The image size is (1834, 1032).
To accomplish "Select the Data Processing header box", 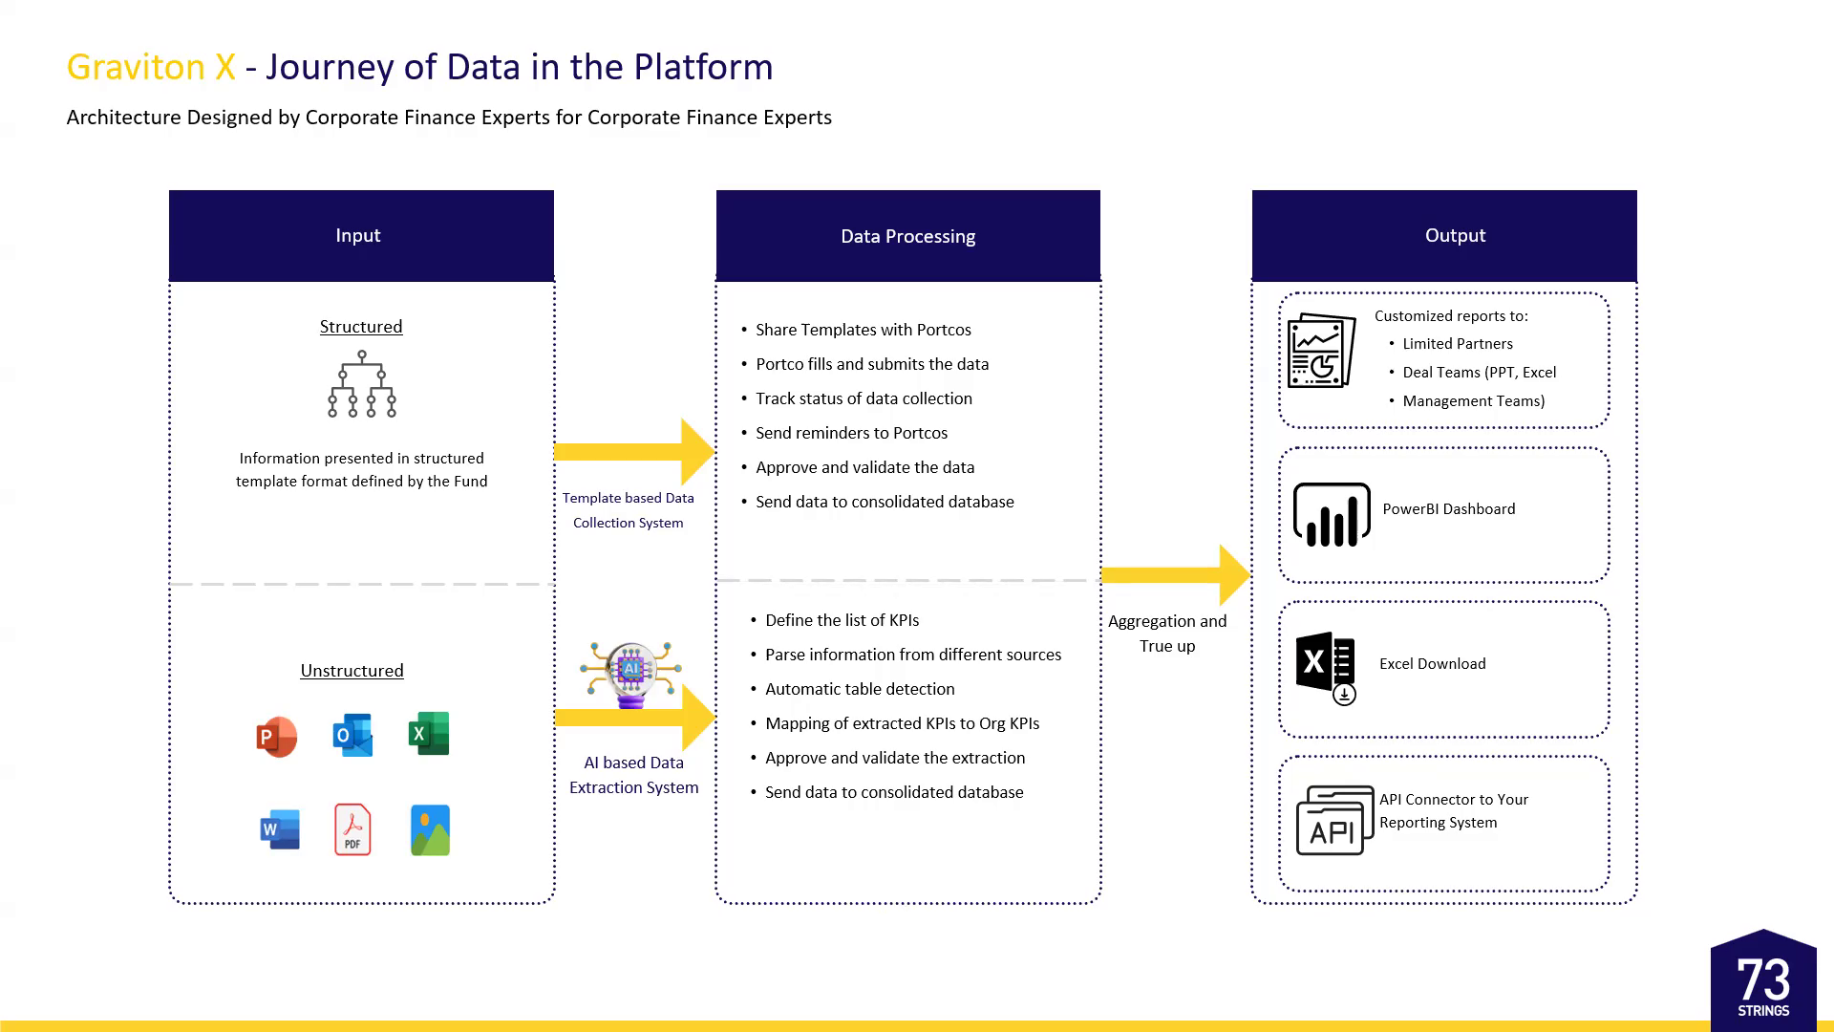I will pyautogui.click(x=907, y=235).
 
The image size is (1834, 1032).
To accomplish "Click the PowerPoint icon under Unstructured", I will pyautogui.click(x=277, y=737).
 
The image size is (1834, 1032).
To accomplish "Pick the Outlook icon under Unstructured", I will pyautogui.click(x=352, y=735).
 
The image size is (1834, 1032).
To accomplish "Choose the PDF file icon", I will pyautogui.click(x=352, y=828).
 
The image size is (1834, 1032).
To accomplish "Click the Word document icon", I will pyautogui.click(x=280, y=828).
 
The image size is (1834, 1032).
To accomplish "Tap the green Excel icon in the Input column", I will pyautogui.click(x=429, y=734).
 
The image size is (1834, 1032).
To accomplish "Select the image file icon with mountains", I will pyautogui.click(x=430, y=829).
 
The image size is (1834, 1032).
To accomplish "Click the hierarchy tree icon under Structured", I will pyautogui.click(x=362, y=384).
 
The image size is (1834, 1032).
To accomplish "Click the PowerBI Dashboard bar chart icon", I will pyautogui.click(x=1332, y=515).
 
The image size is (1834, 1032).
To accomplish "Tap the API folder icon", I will pyautogui.click(x=1333, y=821).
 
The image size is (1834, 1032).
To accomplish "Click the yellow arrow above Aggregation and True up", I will pyautogui.click(x=1175, y=575).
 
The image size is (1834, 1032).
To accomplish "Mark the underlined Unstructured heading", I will pyautogui.click(x=352, y=671).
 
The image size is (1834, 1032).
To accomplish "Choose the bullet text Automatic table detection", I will pyautogui.click(x=860, y=689).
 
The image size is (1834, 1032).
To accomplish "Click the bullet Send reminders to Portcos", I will pyautogui.click(x=851, y=433).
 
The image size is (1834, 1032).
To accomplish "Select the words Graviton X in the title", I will pyautogui.click(x=151, y=67).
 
